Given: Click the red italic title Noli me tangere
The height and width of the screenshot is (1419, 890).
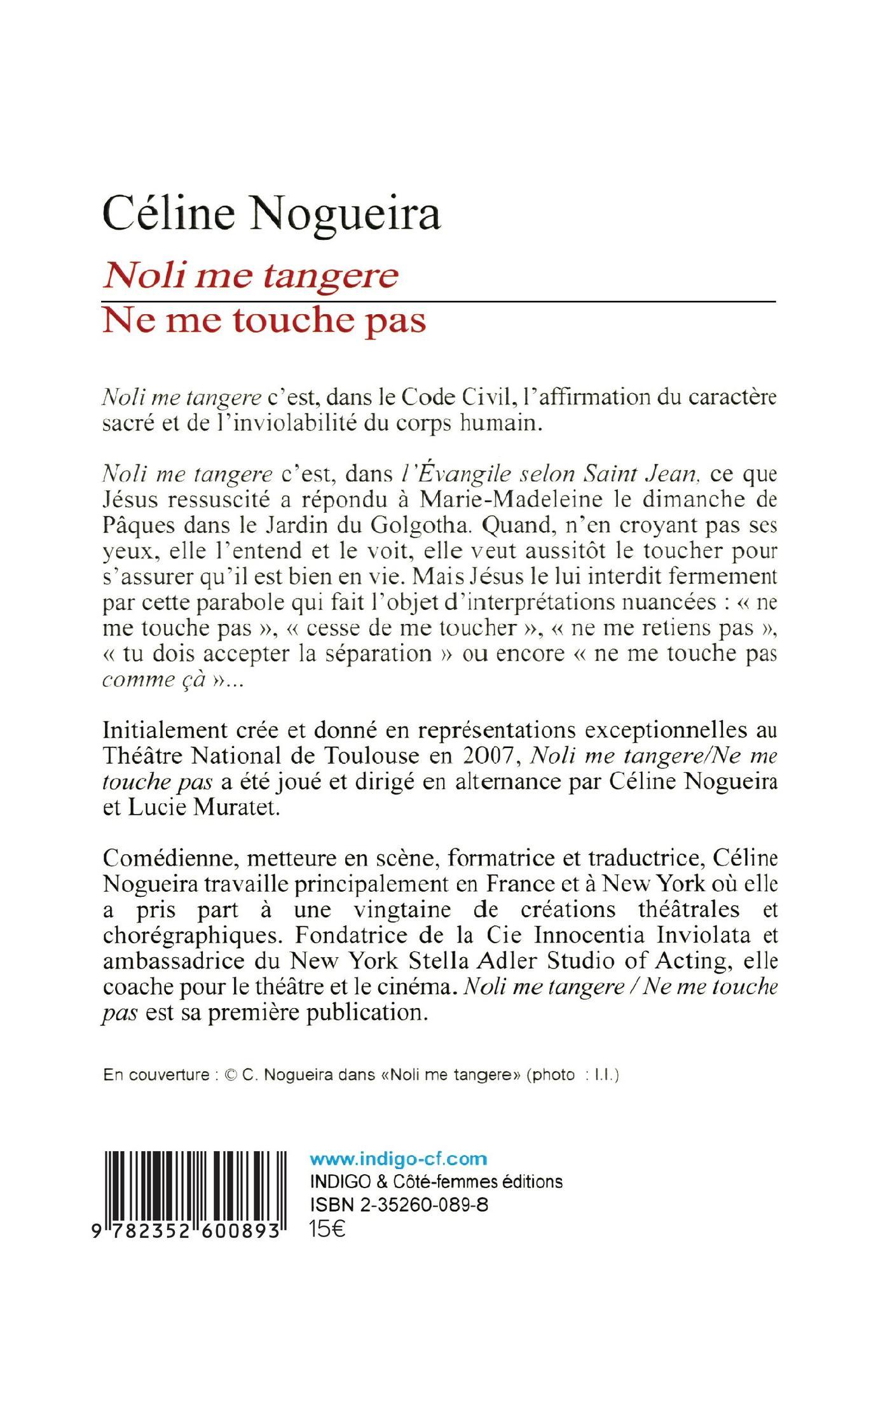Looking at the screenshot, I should [250, 276].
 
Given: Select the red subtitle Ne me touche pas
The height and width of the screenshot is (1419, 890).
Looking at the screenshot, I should [264, 321].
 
